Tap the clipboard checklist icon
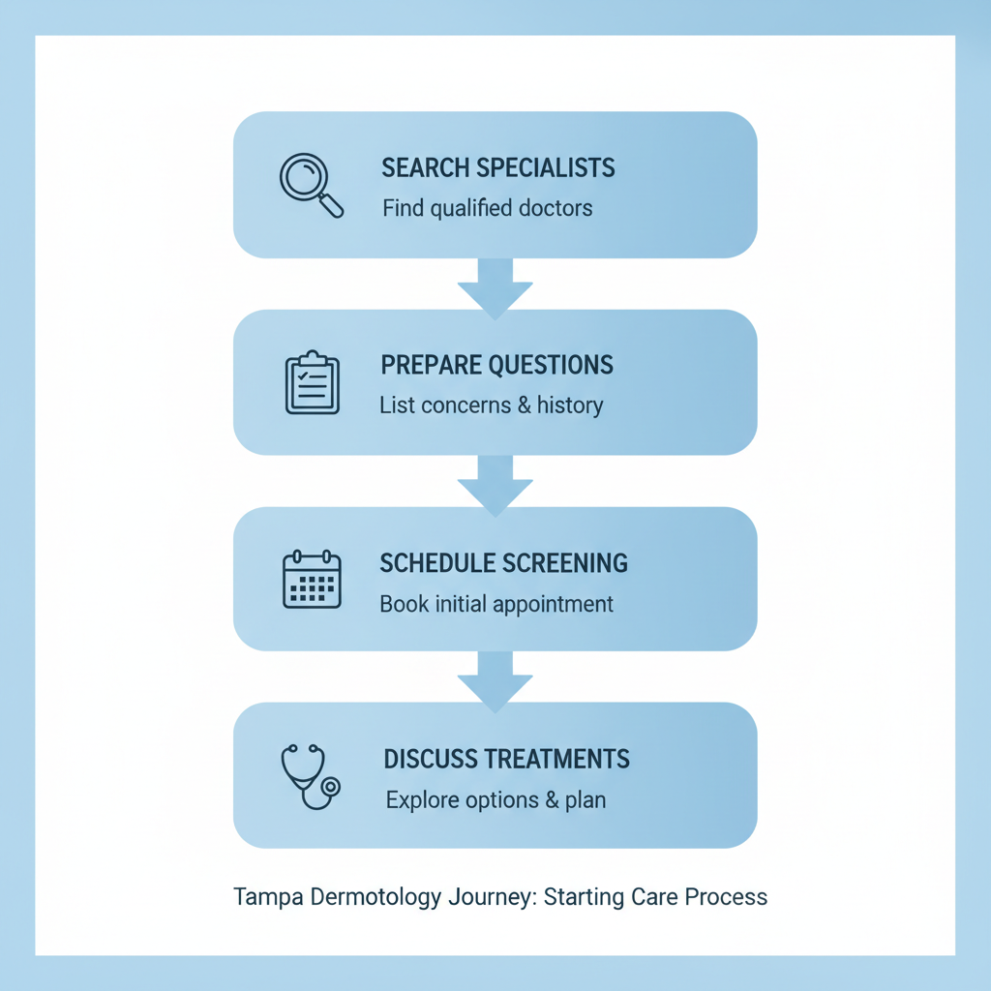tap(312, 383)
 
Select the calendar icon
tap(312, 580)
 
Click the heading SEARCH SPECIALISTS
tap(497, 167)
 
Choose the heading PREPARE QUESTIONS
tap(496, 365)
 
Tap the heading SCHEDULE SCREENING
tap(503, 562)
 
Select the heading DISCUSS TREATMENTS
tap(506, 759)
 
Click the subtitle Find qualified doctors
tap(487, 208)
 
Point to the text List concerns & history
tap(491, 405)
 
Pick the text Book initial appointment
tap(496, 604)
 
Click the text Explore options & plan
tap(495, 800)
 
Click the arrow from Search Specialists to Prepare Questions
tap(495, 286)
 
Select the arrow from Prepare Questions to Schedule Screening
tap(495, 484)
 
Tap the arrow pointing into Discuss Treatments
tap(495, 680)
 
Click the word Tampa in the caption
tap(268, 897)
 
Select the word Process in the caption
tap(726, 897)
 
